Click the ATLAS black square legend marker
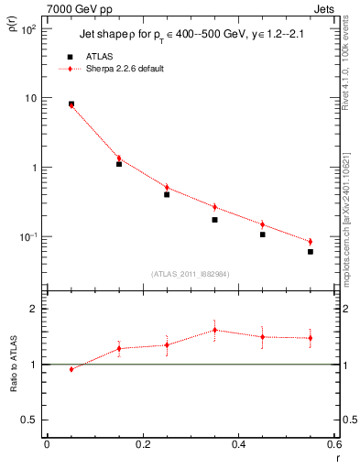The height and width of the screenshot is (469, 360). point(71,57)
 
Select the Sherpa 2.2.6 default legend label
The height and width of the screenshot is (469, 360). point(125,69)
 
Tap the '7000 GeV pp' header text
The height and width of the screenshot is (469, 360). point(54,7)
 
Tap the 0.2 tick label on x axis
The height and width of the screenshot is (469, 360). point(143,444)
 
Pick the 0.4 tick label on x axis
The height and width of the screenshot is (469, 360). point(238,444)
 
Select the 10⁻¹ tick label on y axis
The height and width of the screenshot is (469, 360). point(27,237)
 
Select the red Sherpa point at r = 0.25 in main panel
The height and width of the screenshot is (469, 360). point(167,187)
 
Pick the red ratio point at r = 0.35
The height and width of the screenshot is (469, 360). point(214,330)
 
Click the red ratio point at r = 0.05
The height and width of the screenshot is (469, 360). point(71,369)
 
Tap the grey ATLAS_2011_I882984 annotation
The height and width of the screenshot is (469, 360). point(191,274)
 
